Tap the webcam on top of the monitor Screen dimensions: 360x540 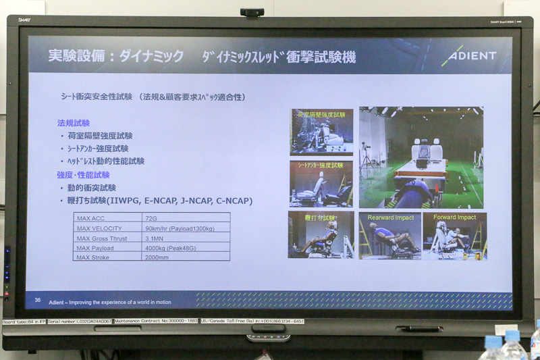pyautogui.click(x=251, y=12)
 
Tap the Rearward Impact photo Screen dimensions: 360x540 pyautogui.click(x=389, y=236)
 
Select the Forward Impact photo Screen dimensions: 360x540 pyautogui.click(x=454, y=236)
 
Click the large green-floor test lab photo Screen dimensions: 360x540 pyautogui.click(x=421, y=157)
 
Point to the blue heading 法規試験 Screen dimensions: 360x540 pyautogui.click(x=74, y=123)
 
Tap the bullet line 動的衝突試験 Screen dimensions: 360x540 pyautogui.click(x=92, y=188)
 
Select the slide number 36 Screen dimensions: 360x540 pyautogui.click(x=38, y=300)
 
